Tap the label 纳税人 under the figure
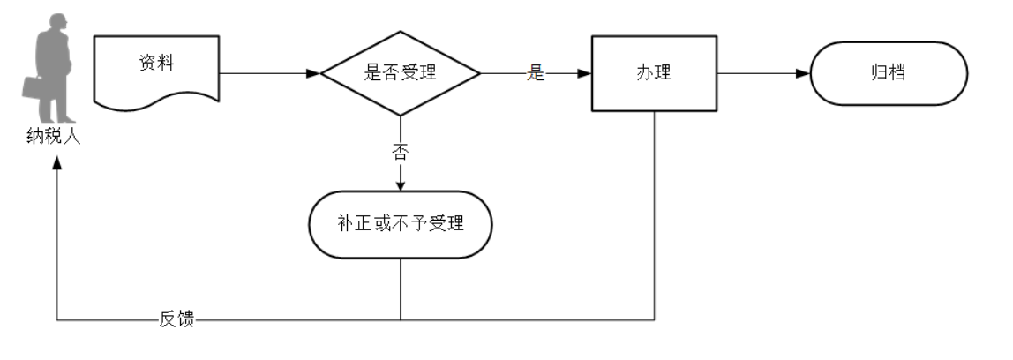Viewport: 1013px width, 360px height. click(54, 138)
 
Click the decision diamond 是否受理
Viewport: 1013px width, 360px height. click(400, 74)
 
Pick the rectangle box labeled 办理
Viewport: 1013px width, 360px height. click(654, 74)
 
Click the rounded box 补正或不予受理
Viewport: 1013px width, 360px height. click(400, 224)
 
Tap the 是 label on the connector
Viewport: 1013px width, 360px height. click(535, 74)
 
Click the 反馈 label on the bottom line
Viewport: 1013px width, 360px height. click(176, 319)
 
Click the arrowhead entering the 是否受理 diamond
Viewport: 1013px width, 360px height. click(312, 74)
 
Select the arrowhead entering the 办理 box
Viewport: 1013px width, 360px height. click(584, 74)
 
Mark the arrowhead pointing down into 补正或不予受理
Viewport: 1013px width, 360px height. click(400, 184)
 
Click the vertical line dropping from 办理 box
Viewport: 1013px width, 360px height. click(654, 221)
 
